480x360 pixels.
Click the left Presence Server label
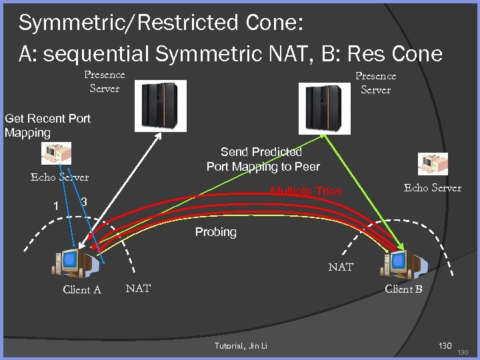tap(104, 81)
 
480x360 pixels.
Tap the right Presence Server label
tap(375, 83)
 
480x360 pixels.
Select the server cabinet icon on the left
tap(159, 104)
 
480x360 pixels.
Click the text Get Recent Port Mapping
tap(47, 125)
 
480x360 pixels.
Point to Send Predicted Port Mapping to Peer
tap(263, 159)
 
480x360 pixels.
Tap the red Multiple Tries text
tap(305, 191)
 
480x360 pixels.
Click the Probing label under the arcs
tap(215, 232)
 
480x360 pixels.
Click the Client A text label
tap(81, 289)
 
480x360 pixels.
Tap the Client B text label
tap(403, 289)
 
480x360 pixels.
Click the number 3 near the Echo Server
tap(84, 202)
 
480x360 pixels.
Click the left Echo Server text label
tap(59, 177)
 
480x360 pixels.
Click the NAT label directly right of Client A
tap(138, 288)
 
